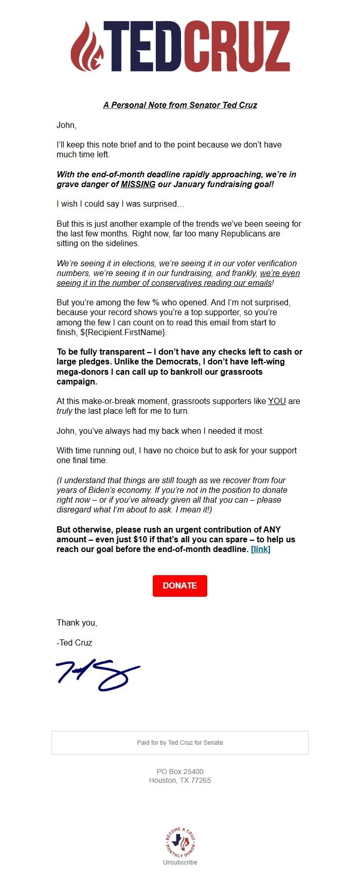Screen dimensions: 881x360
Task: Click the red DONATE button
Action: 179,585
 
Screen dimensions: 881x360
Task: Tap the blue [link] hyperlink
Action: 261,549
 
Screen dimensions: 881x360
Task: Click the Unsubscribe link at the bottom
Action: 180,862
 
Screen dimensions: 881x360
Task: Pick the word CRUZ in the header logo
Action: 237,47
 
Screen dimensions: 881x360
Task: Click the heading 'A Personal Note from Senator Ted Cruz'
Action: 180,105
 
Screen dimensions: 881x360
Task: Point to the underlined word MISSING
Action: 138,184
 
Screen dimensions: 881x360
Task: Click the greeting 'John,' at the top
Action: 66,125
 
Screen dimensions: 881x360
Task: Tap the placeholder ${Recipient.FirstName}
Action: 123,332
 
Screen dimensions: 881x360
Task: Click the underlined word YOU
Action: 277,401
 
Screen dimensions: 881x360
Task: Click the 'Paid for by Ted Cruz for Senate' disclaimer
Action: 180,742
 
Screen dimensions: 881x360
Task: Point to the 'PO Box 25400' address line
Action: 180,771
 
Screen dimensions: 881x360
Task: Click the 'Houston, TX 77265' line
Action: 180,780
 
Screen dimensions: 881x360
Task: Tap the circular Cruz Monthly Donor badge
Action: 180,842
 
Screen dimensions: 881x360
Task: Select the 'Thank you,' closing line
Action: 77,622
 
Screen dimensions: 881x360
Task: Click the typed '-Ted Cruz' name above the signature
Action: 75,643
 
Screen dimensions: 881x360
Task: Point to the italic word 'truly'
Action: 64,411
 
